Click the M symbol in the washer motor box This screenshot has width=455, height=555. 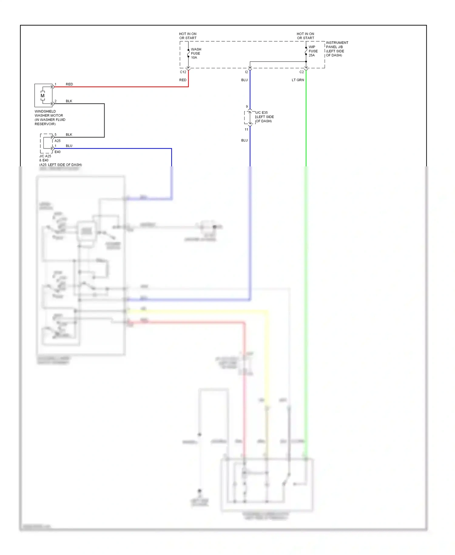(x=42, y=96)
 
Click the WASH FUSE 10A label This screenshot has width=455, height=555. (x=196, y=53)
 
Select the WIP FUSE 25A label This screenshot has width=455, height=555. (x=313, y=51)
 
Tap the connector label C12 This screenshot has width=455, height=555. (x=183, y=72)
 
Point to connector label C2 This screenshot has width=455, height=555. (x=302, y=72)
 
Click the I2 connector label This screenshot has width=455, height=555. (x=246, y=72)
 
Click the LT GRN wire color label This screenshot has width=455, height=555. (x=298, y=80)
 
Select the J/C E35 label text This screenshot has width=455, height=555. (x=262, y=113)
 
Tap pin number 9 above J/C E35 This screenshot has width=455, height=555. (x=247, y=107)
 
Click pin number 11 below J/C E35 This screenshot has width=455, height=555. (x=246, y=130)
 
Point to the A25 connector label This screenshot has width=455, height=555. (x=57, y=141)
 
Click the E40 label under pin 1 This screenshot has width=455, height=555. (x=57, y=152)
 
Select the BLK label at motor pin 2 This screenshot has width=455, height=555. (x=69, y=101)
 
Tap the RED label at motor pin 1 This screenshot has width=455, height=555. (x=69, y=84)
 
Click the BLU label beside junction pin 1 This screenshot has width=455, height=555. (x=69, y=146)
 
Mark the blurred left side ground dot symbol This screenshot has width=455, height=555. (x=200, y=491)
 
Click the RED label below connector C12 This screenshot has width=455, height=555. (x=183, y=80)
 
